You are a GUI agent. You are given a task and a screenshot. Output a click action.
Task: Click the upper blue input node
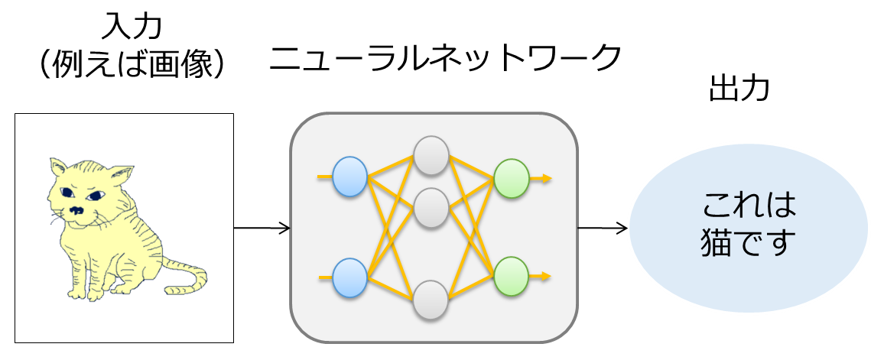(350, 177)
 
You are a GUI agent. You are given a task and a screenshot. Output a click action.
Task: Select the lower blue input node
(350, 277)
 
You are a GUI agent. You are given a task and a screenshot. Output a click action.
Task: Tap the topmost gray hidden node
(431, 155)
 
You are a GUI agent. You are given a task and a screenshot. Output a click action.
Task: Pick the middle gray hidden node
(431, 207)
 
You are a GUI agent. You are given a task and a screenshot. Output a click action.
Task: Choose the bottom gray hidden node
(431, 300)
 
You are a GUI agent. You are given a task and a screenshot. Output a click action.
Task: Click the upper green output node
(512, 178)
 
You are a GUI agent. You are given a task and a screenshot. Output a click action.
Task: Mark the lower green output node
(512, 276)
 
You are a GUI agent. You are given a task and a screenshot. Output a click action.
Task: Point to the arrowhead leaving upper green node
(546, 178)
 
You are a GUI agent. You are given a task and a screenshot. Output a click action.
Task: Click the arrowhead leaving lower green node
(546, 276)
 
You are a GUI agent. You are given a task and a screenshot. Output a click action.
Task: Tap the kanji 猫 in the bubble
(716, 245)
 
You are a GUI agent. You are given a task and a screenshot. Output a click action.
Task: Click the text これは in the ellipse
(749, 205)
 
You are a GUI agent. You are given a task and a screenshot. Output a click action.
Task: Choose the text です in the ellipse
(765, 245)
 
